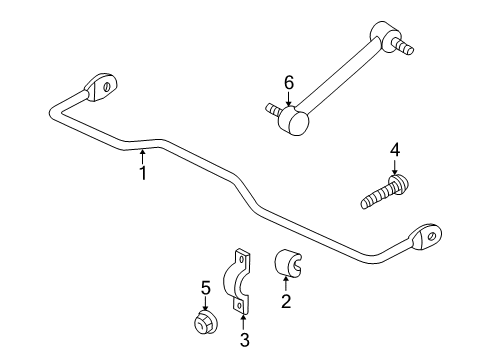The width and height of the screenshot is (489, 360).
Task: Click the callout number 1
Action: coord(143,172)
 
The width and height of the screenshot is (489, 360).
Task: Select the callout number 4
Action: coord(395,150)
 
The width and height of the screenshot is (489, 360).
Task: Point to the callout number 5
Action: coord(205,287)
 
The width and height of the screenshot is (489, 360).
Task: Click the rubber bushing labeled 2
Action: coord(288,264)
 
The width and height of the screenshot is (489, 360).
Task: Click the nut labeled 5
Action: coord(205,323)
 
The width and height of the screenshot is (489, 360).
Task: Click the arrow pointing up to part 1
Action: coord(143,155)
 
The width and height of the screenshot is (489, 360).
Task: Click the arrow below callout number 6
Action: coord(289,99)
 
